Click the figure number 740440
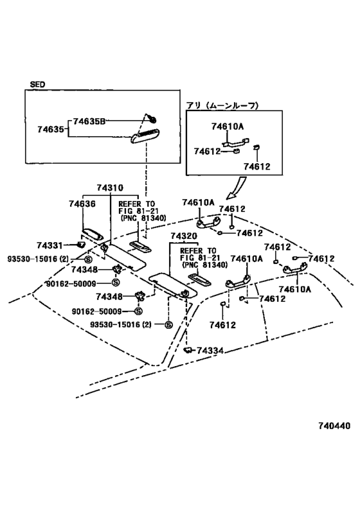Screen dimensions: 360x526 (334, 426)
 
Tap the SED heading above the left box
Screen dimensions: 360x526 (37, 84)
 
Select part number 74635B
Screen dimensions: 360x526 (89, 121)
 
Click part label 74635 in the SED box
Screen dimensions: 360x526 (51, 129)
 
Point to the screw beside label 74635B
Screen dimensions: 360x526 (153, 119)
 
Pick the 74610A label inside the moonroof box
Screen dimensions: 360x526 (228, 127)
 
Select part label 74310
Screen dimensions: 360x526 (110, 188)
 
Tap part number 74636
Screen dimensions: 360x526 (82, 204)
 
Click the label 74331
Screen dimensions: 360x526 (50, 245)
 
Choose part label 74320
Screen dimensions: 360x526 (184, 236)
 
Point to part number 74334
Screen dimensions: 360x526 (210, 351)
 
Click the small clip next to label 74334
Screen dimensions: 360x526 (189, 350)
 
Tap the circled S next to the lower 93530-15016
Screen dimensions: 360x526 (168, 325)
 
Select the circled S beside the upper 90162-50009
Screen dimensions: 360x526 (116, 283)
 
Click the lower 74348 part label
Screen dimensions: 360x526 (109, 297)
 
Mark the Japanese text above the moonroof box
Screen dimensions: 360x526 (222, 106)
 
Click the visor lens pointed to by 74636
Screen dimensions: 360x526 (92, 234)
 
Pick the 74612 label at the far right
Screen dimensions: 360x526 (321, 259)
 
